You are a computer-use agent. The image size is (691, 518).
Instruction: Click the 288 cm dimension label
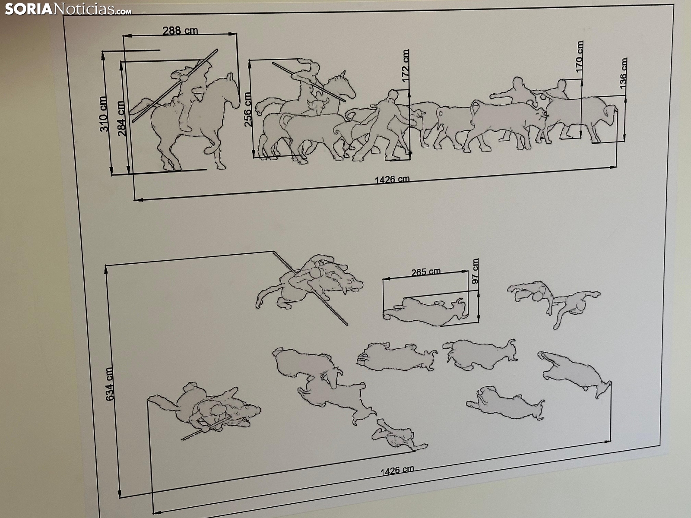(x=181, y=31)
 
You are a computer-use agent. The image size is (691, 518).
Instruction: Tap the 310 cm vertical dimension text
(x=104, y=114)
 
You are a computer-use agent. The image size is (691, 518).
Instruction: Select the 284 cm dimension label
(x=122, y=118)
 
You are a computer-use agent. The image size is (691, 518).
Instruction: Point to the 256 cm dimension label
(x=248, y=109)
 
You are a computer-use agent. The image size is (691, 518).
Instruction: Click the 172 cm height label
(x=406, y=66)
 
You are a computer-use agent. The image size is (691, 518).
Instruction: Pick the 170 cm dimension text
(x=580, y=57)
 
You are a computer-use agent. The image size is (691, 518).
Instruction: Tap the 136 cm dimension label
(x=623, y=73)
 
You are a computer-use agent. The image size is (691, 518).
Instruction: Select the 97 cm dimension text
(x=475, y=271)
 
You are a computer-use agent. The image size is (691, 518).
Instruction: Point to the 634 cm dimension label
(x=109, y=384)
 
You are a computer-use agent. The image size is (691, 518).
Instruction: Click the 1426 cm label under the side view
(x=392, y=179)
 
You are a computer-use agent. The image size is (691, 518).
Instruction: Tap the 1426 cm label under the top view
(x=397, y=471)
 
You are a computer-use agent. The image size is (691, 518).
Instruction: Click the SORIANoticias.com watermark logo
(x=68, y=9)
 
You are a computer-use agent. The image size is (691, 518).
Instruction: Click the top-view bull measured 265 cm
(x=425, y=311)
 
